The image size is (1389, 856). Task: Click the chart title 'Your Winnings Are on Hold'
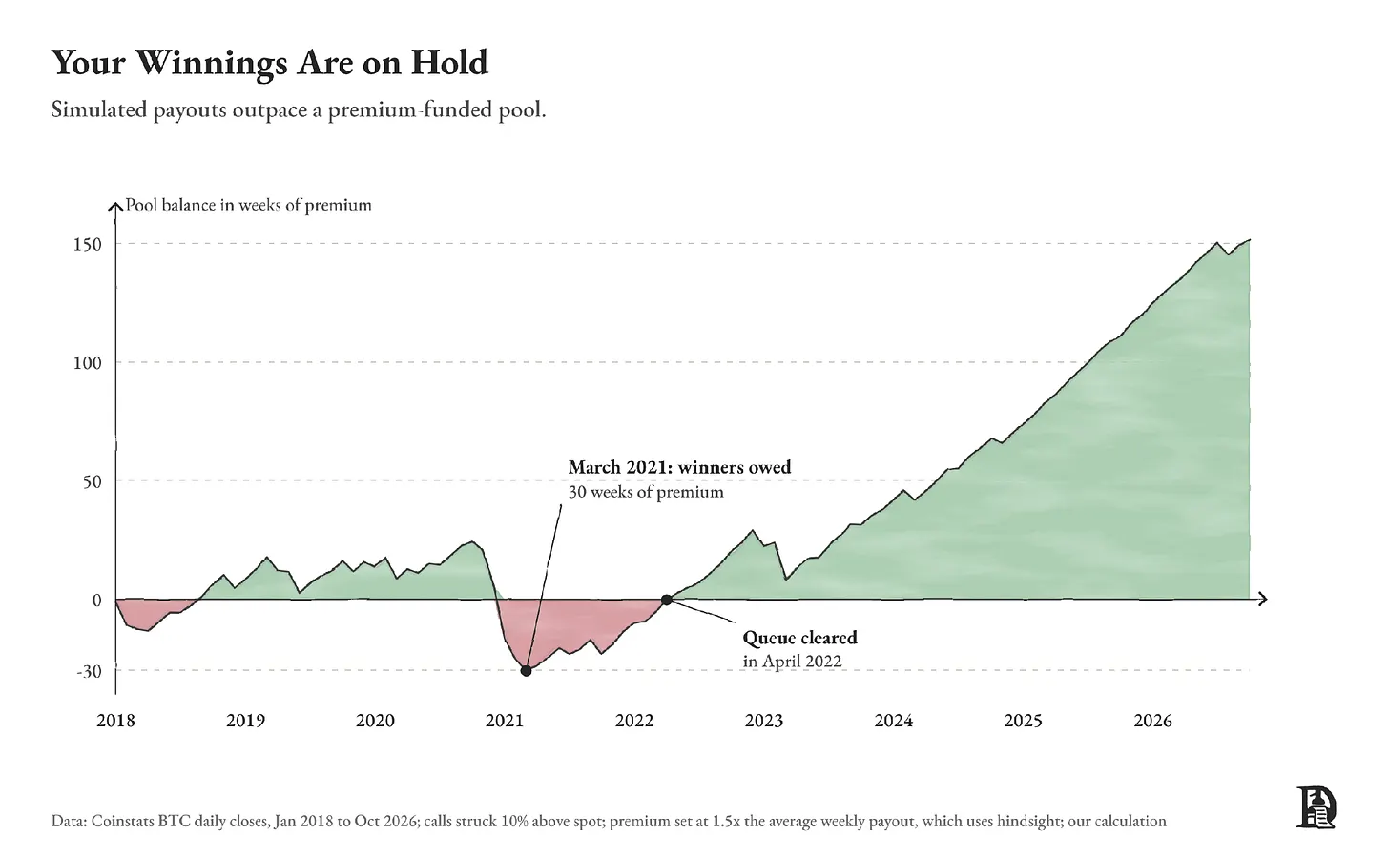[270, 63]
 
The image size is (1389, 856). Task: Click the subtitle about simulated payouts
[299, 111]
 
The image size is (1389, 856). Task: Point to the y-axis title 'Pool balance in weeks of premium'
[248, 205]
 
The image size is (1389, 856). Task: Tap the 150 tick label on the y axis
[88, 245]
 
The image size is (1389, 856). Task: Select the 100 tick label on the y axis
[88, 363]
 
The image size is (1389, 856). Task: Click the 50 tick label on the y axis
[92, 482]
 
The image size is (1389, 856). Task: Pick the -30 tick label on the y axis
[89, 671]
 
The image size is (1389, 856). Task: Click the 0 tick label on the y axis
[96, 601]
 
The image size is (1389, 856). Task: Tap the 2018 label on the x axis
[115, 721]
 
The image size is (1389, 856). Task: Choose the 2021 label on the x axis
[505, 721]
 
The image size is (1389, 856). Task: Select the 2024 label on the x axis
[894, 721]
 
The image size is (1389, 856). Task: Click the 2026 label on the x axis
[1152, 721]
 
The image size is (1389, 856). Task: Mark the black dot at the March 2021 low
[526, 671]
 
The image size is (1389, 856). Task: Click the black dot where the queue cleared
[667, 600]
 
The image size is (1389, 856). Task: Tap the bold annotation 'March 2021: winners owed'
[679, 467]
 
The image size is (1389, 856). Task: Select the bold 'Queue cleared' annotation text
[799, 638]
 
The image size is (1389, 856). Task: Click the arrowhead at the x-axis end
[1262, 599]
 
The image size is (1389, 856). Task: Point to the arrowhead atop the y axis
[115, 206]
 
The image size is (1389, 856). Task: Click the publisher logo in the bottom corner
[1316, 807]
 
